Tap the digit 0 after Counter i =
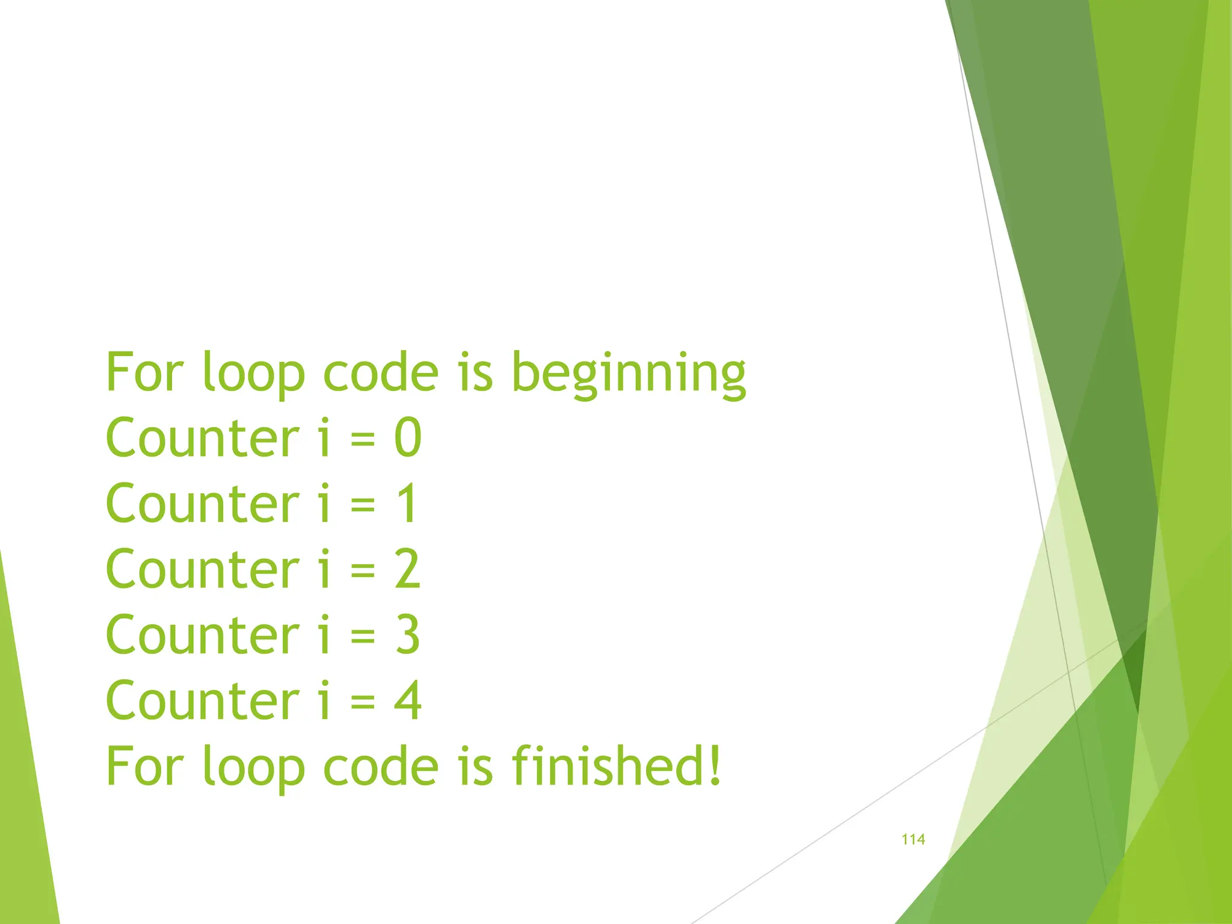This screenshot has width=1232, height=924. coord(408,438)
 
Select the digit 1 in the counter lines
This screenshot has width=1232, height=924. coord(407,504)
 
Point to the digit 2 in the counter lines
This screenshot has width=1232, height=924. coord(407,569)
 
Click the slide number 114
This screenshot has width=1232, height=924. coord(913,839)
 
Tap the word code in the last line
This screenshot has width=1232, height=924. coord(381,766)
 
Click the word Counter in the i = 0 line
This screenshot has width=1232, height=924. coord(202,438)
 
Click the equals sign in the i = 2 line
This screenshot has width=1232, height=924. coord(363,570)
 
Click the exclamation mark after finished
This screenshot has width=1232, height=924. coord(714,765)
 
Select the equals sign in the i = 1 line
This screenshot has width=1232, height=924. coord(363,505)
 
